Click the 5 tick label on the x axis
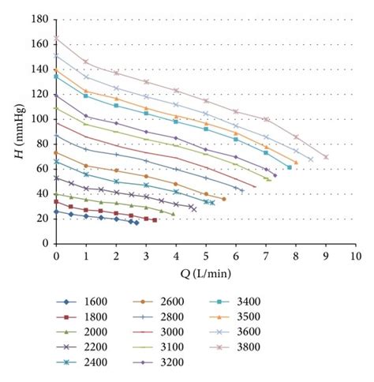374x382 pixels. click(206, 257)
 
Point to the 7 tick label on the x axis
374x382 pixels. click(266, 257)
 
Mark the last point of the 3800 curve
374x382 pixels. click(326, 157)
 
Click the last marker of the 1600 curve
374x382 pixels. click(137, 223)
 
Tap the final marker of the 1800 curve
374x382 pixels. click(155, 220)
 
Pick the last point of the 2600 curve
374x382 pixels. click(224, 199)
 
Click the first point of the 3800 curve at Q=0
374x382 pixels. click(56, 38)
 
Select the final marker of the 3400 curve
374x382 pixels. click(290, 167)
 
